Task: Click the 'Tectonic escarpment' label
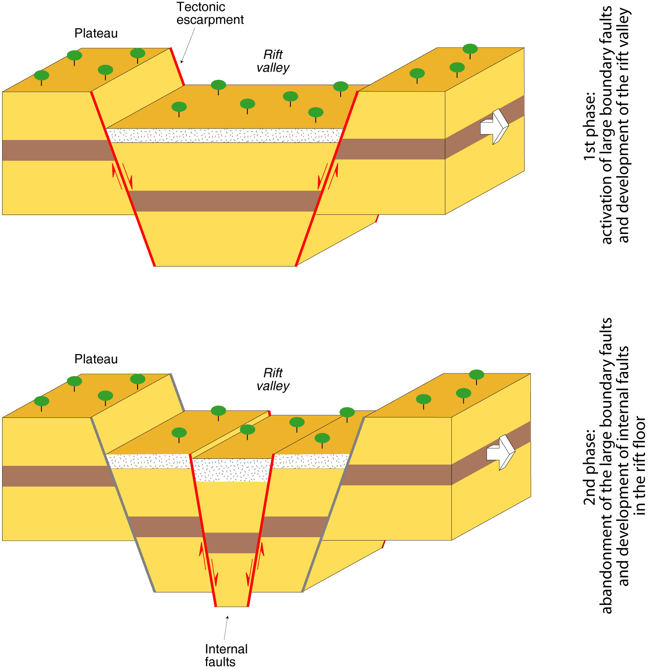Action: pos(210,13)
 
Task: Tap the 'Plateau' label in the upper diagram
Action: pos(96,33)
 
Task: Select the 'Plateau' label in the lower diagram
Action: pos(96,359)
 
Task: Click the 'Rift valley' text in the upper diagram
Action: pos(273,61)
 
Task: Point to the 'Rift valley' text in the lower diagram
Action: pos(273,379)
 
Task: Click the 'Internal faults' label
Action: pos(226,655)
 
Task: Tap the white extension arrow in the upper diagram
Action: pos(494,126)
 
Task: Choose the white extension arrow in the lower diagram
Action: pos(501,452)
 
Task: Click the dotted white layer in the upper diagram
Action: pos(224,135)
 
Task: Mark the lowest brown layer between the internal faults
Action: pos(232,543)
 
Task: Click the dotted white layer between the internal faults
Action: pos(233,470)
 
